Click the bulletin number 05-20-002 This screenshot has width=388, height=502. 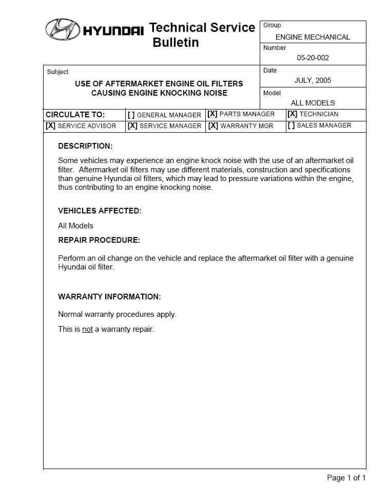[313, 58]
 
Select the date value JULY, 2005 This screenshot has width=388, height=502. [313, 80]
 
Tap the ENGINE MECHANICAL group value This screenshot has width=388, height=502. [313, 37]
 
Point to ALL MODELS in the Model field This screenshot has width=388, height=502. [313, 103]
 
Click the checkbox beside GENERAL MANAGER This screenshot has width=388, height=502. [131, 115]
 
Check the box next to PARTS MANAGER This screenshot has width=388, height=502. [212, 114]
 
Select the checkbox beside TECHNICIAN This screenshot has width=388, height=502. [292, 114]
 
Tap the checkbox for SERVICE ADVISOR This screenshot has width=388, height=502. [50, 126]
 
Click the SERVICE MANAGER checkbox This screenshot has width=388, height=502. [132, 126]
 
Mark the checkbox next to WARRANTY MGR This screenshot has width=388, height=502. [213, 126]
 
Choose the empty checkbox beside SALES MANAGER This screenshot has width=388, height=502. [291, 126]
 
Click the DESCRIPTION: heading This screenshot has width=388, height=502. [85, 146]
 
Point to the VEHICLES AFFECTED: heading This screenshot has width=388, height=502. [100, 211]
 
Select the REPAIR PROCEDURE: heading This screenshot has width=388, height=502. [99, 240]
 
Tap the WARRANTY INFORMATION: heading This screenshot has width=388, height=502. [109, 297]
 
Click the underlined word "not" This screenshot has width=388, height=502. [87, 329]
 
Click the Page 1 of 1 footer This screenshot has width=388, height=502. [346, 478]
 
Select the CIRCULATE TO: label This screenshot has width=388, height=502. [75, 115]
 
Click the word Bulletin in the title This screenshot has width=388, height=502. [176, 43]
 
